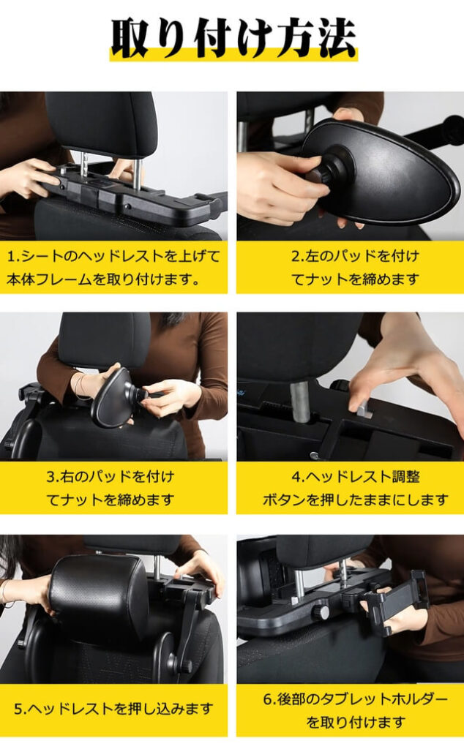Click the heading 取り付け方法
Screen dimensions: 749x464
click(x=233, y=36)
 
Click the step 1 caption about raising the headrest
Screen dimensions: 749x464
click(x=113, y=268)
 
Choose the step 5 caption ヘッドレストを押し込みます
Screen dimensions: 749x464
click(x=113, y=708)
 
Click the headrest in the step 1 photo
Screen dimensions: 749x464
click(x=102, y=121)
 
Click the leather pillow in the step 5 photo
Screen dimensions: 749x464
click(x=99, y=596)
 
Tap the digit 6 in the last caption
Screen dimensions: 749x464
click(x=269, y=699)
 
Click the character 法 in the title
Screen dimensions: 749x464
click(x=333, y=36)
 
